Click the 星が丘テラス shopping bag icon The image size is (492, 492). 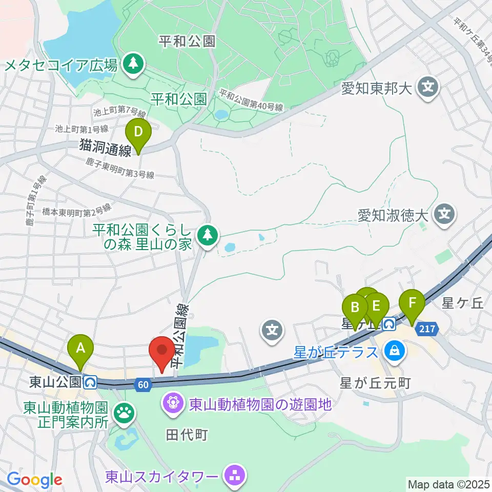click(x=395, y=351)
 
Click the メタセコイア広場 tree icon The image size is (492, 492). click(x=134, y=65)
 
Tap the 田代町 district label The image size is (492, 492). click(x=187, y=435)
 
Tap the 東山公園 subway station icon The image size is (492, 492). click(x=91, y=381)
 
